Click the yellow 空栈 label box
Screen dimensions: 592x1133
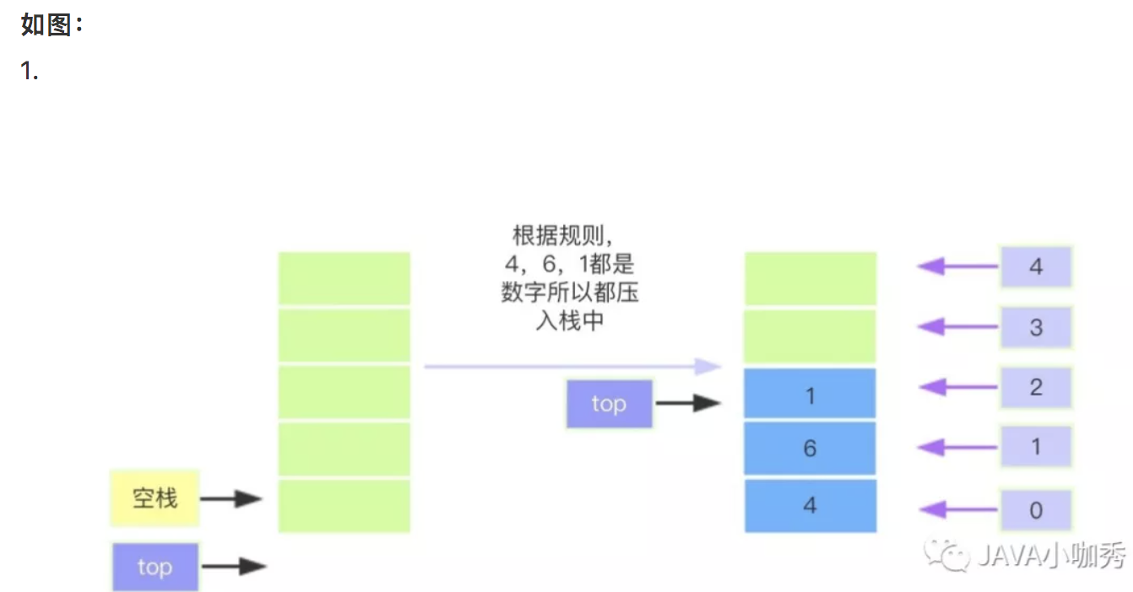point(154,498)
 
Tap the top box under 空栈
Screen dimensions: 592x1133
point(154,567)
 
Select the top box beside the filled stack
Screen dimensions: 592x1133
point(609,404)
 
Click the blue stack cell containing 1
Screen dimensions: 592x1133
point(810,395)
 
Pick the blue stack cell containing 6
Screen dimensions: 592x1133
point(810,448)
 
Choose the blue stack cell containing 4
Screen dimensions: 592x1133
point(810,506)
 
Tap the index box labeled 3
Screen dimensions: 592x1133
point(1036,328)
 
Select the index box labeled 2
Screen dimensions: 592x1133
point(1036,388)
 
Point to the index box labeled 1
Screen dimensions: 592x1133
point(1036,447)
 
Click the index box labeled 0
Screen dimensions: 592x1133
point(1036,509)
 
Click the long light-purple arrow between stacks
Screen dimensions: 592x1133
point(572,367)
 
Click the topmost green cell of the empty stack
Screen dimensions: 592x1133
point(344,278)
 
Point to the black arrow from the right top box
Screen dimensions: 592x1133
point(687,403)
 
